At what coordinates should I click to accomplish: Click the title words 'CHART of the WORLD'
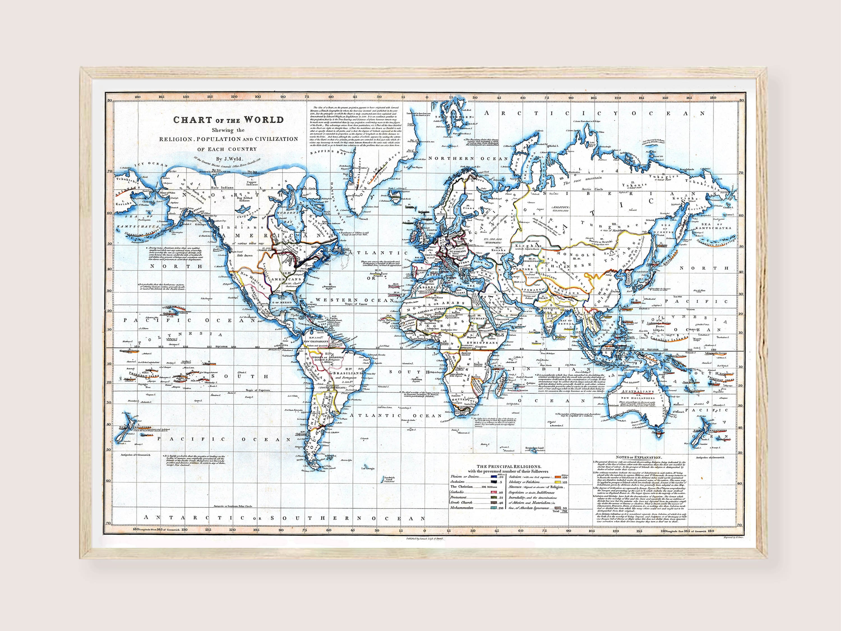coord(228,120)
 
